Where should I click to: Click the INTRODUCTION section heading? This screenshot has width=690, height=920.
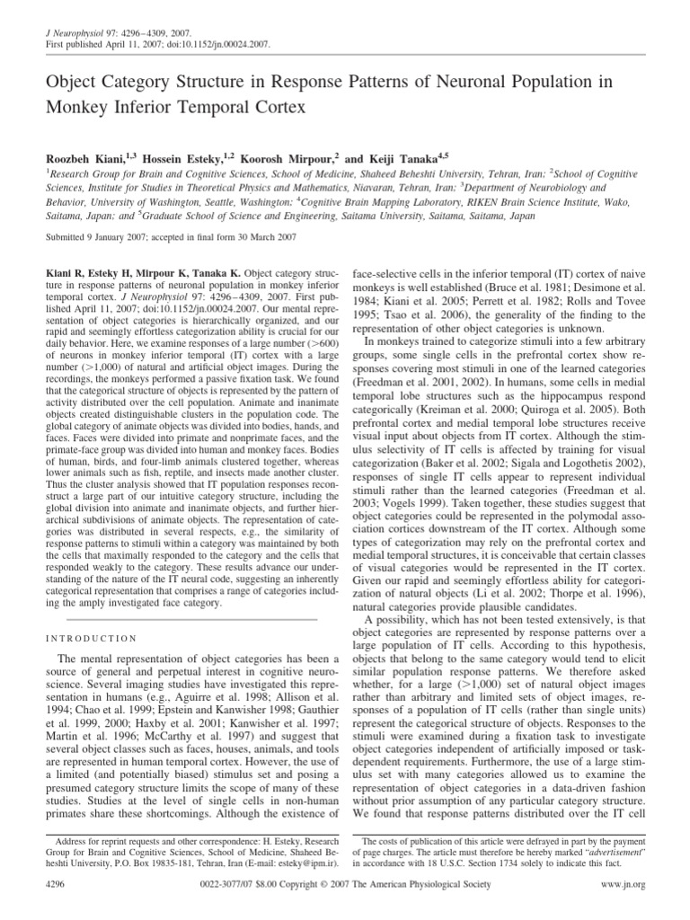(x=91, y=639)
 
